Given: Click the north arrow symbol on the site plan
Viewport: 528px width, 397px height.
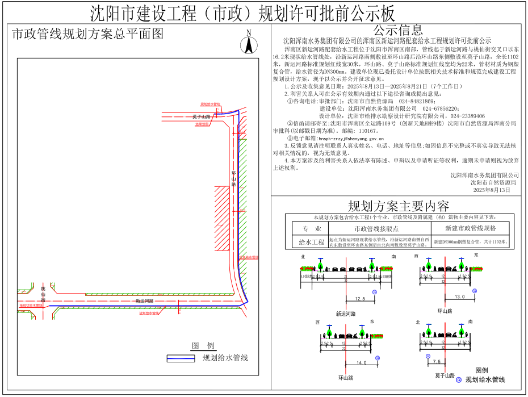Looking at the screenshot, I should coord(248,43).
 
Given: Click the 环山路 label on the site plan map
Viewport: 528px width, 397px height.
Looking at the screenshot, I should coord(233,178).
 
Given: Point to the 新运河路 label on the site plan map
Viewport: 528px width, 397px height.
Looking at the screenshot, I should coord(144,300).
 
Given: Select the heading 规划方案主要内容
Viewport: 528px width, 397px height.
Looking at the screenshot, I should coord(398,206).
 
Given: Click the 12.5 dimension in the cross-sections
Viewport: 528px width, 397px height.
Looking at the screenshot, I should coord(359,298).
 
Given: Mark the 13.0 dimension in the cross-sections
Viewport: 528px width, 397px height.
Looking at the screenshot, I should coord(459,296).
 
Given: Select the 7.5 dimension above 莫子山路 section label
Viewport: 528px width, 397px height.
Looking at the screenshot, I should coord(437,361).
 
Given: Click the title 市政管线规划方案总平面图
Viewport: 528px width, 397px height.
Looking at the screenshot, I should coord(87,34).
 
